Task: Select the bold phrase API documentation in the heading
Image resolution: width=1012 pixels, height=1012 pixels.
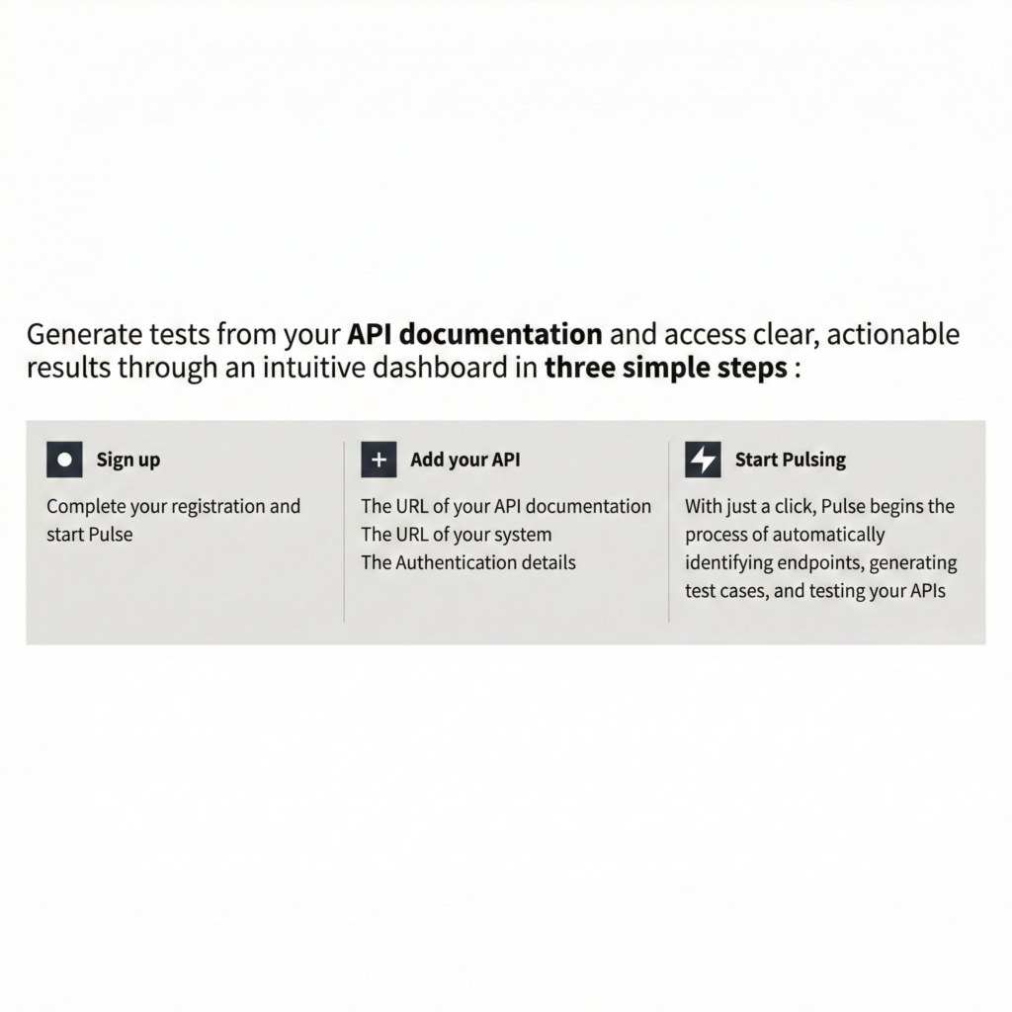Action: click(x=475, y=335)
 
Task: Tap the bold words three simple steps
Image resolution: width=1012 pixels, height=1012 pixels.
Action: click(x=666, y=370)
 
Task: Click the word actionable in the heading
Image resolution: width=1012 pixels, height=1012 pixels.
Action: click(x=892, y=335)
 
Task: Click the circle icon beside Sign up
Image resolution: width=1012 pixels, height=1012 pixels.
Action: click(x=64, y=460)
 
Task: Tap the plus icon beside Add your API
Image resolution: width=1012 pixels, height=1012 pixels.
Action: click(x=379, y=460)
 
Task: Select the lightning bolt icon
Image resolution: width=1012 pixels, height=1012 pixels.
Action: click(x=703, y=460)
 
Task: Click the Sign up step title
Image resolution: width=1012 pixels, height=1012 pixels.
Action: click(x=128, y=460)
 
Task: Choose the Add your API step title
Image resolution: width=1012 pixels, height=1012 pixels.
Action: click(x=464, y=460)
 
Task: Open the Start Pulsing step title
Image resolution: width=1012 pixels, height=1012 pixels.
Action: click(x=790, y=460)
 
